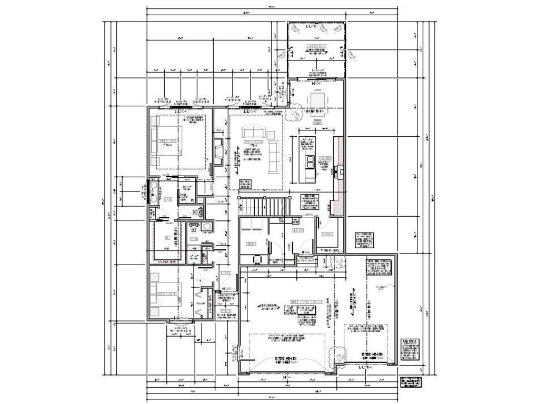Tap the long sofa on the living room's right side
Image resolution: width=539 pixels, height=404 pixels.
(273, 156)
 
